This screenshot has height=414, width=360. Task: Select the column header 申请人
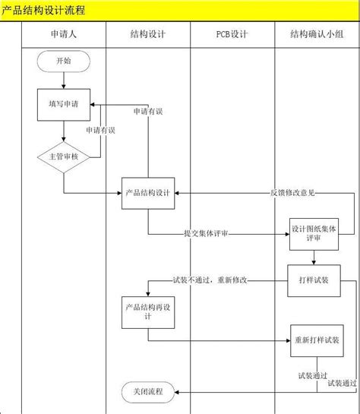coord(63,34)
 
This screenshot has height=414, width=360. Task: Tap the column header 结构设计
coord(148,34)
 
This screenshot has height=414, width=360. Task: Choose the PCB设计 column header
coord(232,34)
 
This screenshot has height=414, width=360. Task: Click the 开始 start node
coord(64,61)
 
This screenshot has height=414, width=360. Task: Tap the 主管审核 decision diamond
coord(64,156)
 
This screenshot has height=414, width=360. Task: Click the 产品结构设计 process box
coord(148,192)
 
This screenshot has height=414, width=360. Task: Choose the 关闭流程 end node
coord(147,391)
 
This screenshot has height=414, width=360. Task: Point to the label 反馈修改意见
coord(292,193)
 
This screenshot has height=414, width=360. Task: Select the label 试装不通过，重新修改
coord(210,280)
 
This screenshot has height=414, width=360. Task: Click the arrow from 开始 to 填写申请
coord(64,80)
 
